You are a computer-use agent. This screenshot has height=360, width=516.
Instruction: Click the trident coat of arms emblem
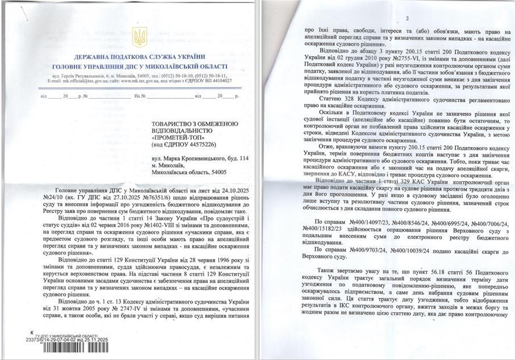pos(140,38)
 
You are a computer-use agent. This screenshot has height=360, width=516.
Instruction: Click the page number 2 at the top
pos(407,19)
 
